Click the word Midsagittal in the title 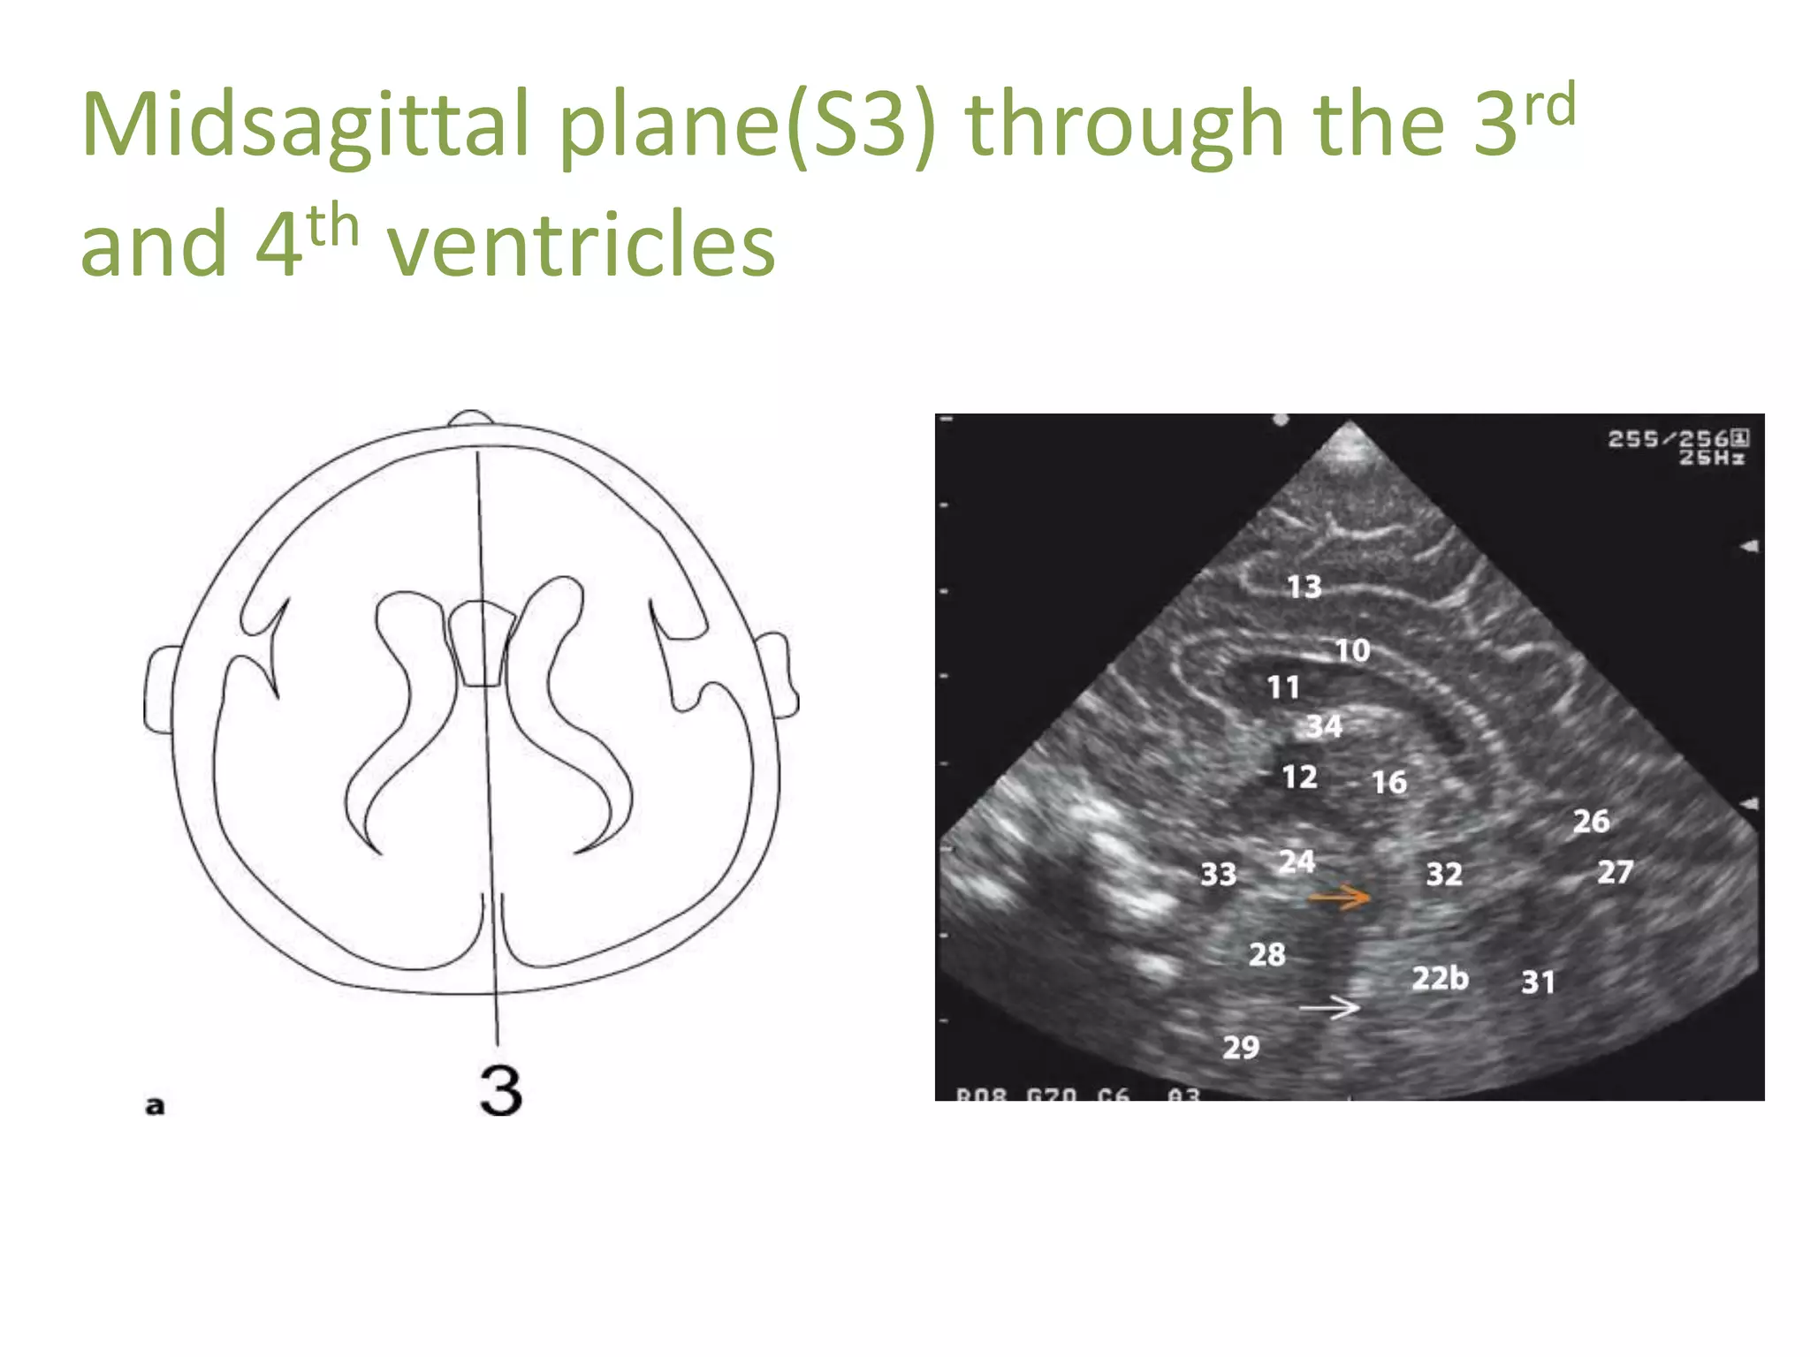click(x=306, y=125)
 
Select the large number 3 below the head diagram click(x=501, y=1090)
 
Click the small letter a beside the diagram click(x=155, y=1105)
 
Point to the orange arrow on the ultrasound click(x=1339, y=898)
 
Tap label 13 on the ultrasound click(x=1304, y=587)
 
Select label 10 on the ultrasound click(x=1352, y=651)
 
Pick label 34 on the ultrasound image click(x=1324, y=726)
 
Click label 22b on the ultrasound click(x=1440, y=978)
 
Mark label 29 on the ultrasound click(x=1241, y=1048)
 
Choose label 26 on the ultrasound click(x=1591, y=822)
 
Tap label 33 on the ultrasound click(x=1218, y=875)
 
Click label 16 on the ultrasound click(x=1388, y=783)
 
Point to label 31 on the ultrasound click(x=1538, y=982)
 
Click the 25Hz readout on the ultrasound click(x=1712, y=458)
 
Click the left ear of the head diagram click(x=162, y=689)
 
